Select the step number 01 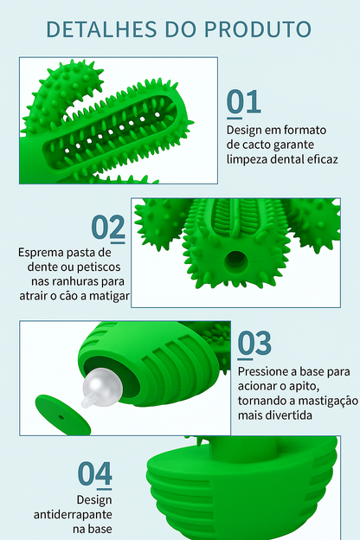[x=244, y=101]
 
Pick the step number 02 [x=109, y=228]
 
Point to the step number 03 [x=254, y=344]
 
